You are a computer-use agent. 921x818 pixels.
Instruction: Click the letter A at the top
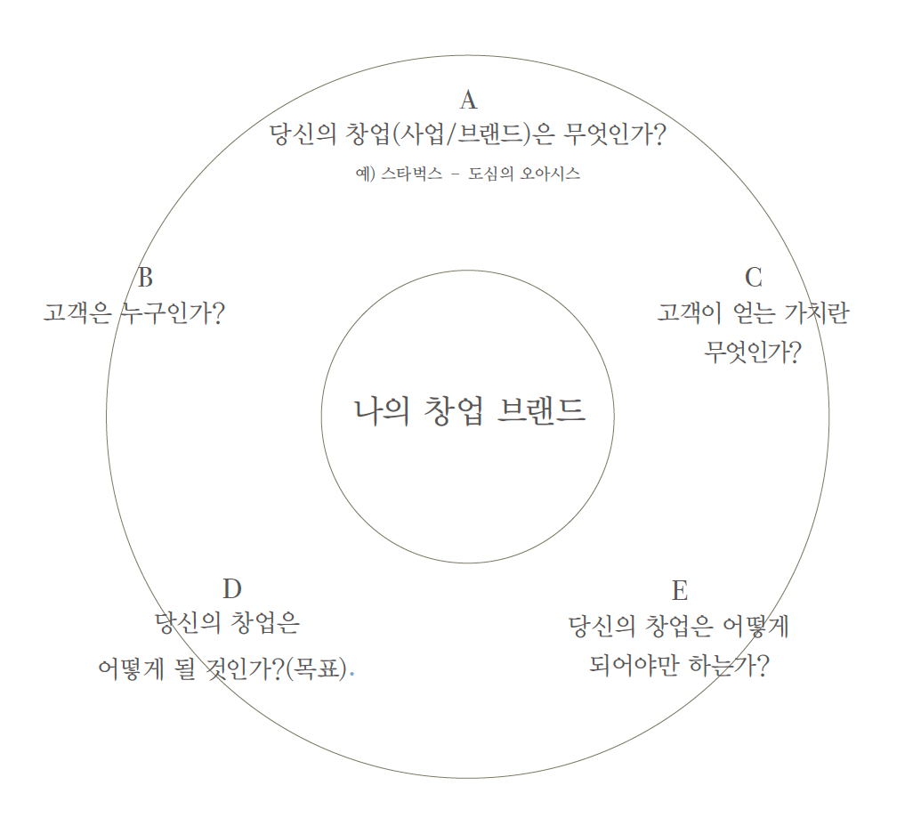(468, 99)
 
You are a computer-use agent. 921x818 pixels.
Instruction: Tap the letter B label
(146, 277)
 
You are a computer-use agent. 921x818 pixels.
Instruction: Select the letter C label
(754, 277)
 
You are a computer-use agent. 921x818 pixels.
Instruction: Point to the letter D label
(232, 588)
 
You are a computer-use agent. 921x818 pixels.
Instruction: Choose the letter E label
(680, 590)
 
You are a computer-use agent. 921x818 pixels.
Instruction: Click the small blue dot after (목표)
(352, 675)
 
